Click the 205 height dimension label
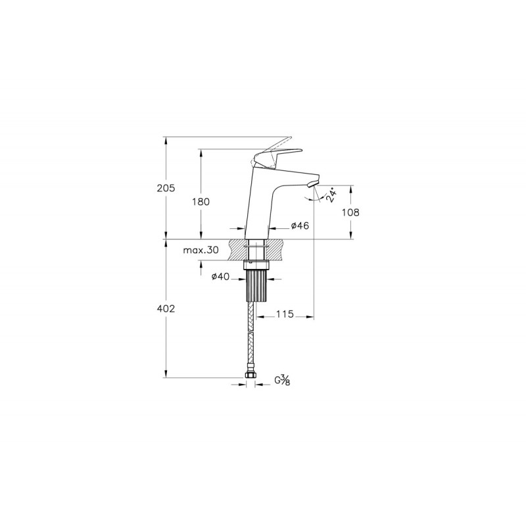click(166, 188)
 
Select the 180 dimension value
click(201, 202)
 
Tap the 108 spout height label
click(350, 212)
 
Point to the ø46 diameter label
click(300, 226)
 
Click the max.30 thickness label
click(201, 250)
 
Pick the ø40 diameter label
click(220, 276)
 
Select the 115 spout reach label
click(285, 314)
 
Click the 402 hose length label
click(166, 308)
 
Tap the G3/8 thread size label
click(282, 380)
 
